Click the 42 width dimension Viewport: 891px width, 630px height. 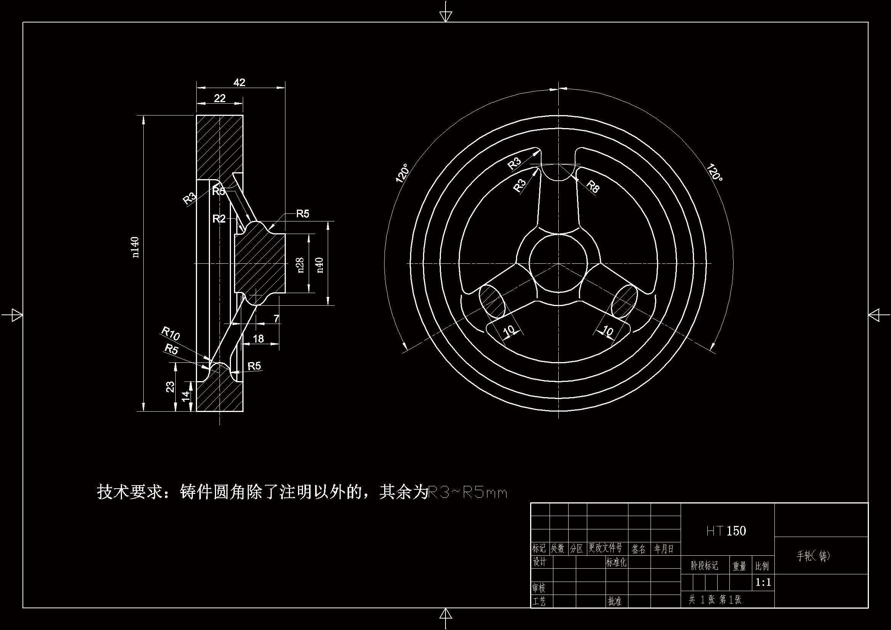pyautogui.click(x=239, y=82)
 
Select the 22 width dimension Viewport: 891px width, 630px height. pyautogui.click(x=220, y=98)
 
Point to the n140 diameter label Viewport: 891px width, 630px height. pyautogui.click(x=135, y=247)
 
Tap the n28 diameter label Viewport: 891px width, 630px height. pyautogui.click(x=300, y=265)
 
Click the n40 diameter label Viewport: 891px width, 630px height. pyautogui.click(x=320, y=265)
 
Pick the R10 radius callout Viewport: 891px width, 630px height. pyautogui.click(x=170, y=333)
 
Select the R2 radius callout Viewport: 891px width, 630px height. pyautogui.click(x=219, y=219)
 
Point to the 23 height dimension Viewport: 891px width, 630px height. pyautogui.click(x=170, y=386)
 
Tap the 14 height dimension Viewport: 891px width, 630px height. pyautogui.click(x=186, y=396)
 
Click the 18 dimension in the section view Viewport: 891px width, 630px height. pyautogui.click(x=258, y=338)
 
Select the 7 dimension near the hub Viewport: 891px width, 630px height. pyautogui.click(x=276, y=319)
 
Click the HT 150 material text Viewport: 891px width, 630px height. pyautogui.click(x=726, y=531)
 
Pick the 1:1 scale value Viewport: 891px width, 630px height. pyautogui.click(x=763, y=582)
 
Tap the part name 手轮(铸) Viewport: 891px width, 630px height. pyautogui.click(x=813, y=556)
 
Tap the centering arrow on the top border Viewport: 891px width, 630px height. pyautogui.click(x=445, y=15)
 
